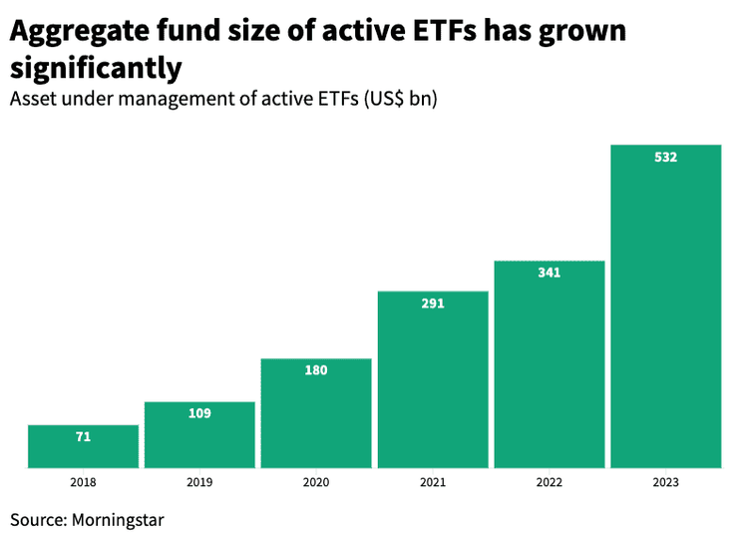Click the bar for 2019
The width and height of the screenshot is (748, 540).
(199, 439)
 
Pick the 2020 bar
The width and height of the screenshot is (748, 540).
(316, 419)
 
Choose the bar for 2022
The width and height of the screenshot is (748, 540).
(550, 369)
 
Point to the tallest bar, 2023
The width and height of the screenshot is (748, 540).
(665, 309)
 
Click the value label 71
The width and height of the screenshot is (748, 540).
(83, 437)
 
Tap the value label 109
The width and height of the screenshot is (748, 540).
(199, 413)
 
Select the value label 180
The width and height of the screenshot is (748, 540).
(316, 370)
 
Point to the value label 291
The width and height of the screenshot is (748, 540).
(433, 303)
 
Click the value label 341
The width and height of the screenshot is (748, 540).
(550, 272)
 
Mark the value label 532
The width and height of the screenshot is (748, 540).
(665, 157)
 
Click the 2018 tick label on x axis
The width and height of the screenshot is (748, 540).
(83, 483)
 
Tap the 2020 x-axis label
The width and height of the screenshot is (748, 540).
(316, 483)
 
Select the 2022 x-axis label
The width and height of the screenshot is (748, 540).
(550, 483)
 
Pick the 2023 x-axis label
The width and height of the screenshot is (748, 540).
(665, 483)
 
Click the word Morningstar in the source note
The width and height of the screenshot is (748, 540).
(116, 520)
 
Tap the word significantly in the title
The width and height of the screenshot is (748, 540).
(96, 69)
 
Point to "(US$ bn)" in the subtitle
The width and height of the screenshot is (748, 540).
(400, 100)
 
